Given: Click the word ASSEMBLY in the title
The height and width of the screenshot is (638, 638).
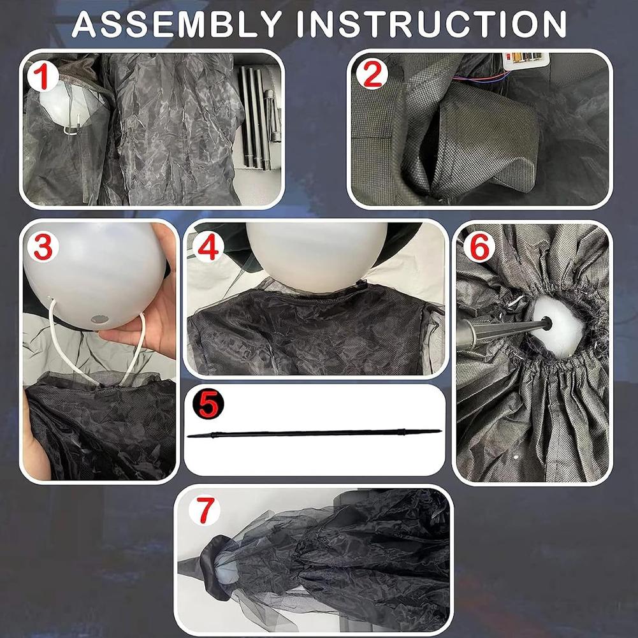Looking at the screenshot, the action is [x=177, y=24].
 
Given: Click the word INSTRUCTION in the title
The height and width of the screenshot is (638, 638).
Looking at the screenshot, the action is [x=431, y=24].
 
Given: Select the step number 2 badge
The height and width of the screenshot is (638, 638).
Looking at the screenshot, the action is [x=372, y=74].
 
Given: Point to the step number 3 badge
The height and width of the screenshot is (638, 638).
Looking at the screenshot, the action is [x=43, y=247].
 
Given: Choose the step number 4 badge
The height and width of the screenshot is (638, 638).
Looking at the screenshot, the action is [x=208, y=247].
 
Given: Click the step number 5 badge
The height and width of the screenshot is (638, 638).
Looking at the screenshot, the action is [x=208, y=405].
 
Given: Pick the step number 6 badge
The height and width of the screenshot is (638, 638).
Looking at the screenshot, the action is [x=479, y=247].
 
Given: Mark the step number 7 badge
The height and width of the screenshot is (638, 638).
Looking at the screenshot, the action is [x=205, y=511].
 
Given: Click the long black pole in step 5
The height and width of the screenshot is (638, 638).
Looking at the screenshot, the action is [x=314, y=433].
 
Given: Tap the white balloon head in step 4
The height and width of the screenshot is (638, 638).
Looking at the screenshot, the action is [x=317, y=256].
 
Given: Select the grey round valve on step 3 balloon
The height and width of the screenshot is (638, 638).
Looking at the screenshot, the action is [x=98, y=320].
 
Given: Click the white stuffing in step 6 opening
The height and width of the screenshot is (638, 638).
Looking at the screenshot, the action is [x=558, y=326].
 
